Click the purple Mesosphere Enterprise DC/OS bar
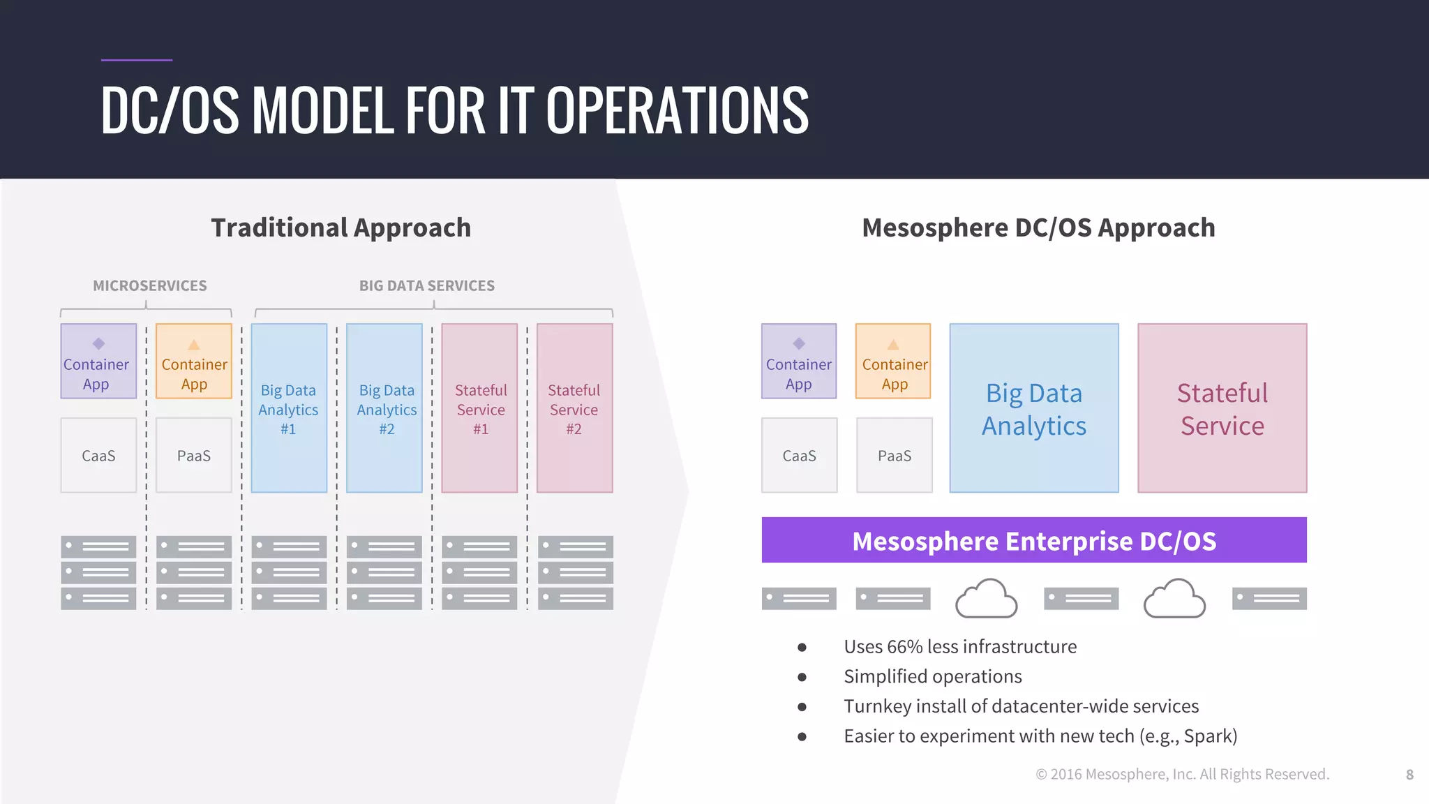(1033, 540)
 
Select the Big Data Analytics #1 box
(289, 408)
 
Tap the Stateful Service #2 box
(574, 408)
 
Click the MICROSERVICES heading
(150, 285)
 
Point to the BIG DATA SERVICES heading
(426, 285)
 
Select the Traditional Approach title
(341, 228)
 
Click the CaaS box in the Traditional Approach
(98, 456)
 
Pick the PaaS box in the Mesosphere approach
(894, 456)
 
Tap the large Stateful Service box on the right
(1222, 408)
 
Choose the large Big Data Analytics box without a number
(1033, 408)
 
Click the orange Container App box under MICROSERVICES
(194, 361)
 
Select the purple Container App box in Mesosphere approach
(798, 361)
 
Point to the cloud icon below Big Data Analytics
(986, 598)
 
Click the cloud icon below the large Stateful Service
(1174, 598)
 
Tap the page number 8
(1409, 775)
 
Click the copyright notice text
(1182, 774)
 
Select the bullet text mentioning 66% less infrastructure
(959, 647)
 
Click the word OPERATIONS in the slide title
(677, 110)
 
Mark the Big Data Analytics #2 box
(384, 408)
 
